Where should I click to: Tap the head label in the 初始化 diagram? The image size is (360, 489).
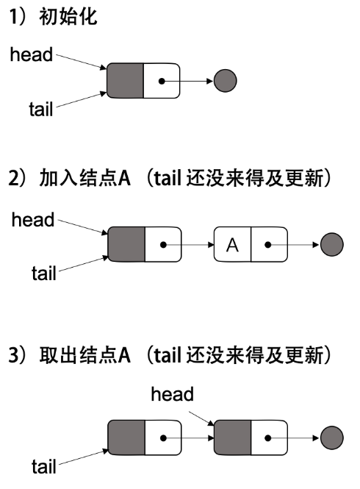32,54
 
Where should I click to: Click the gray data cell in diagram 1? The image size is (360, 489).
125,80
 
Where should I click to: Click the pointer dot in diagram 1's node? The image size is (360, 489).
162,80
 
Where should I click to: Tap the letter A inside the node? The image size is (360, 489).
232,245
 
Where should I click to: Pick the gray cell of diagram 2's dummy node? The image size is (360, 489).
126,245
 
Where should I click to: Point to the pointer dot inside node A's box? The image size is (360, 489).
269,245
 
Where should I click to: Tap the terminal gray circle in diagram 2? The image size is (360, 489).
332,245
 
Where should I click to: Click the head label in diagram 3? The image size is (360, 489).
172,394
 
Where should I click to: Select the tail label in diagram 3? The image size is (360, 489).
43,465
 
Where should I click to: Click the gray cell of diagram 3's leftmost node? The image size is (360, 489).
126,438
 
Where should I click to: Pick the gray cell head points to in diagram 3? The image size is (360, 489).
232,438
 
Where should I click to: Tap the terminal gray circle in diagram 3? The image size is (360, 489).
332,438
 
